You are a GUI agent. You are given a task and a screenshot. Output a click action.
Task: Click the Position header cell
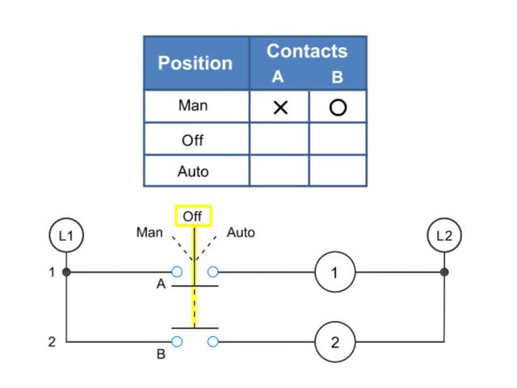tap(195, 63)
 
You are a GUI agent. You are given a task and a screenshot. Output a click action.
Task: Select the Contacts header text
tap(307, 51)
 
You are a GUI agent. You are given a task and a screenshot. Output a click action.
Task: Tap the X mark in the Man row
tap(280, 107)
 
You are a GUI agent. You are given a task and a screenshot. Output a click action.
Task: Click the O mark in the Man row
tap(338, 107)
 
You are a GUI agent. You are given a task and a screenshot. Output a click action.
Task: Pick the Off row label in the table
tap(193, 140)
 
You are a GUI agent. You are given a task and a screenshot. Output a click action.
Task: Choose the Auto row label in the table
tap(193, 171)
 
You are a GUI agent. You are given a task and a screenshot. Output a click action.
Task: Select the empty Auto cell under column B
tap(338, 171)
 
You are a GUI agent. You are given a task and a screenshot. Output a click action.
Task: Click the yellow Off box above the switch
tap(193, 217)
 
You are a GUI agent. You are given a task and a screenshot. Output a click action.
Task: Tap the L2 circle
tap(443, 236)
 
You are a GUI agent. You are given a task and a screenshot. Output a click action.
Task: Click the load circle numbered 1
tap(335, 273)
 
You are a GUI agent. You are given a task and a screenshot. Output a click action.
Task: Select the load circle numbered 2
tap(335, 342)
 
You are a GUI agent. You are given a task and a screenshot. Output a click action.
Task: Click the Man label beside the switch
tap(149, 233)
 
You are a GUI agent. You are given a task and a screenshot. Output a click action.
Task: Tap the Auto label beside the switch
tap(241, 233)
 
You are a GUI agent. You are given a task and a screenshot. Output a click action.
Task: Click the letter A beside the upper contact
tap(162, 285)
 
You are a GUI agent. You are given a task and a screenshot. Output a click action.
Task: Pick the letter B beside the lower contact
tap(162, 353)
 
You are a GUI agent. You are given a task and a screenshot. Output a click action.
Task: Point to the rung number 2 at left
tap(52, 342)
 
